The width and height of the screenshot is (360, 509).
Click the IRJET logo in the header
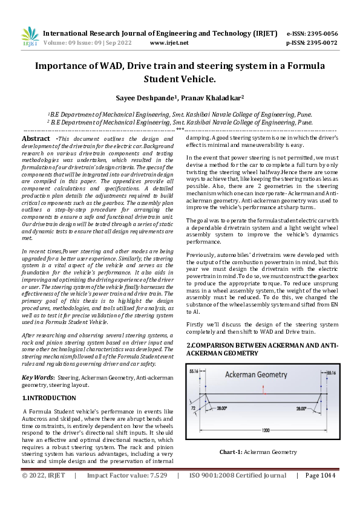(29, 37)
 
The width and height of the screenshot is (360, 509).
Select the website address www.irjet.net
(169, 43)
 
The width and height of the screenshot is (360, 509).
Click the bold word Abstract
(36, 138)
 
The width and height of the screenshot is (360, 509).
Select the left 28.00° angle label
(222, 409)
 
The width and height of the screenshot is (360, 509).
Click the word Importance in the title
(64, 66)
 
